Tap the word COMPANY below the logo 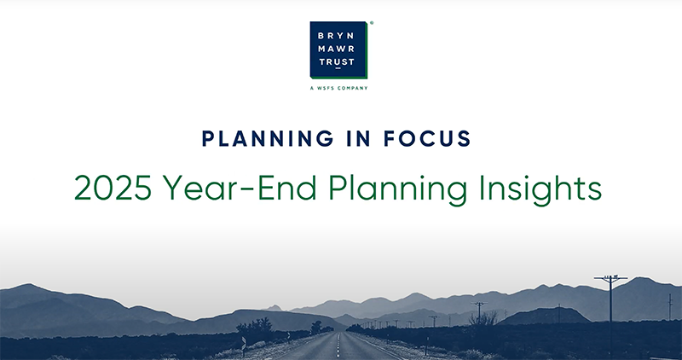353,88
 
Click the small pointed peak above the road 275,307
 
